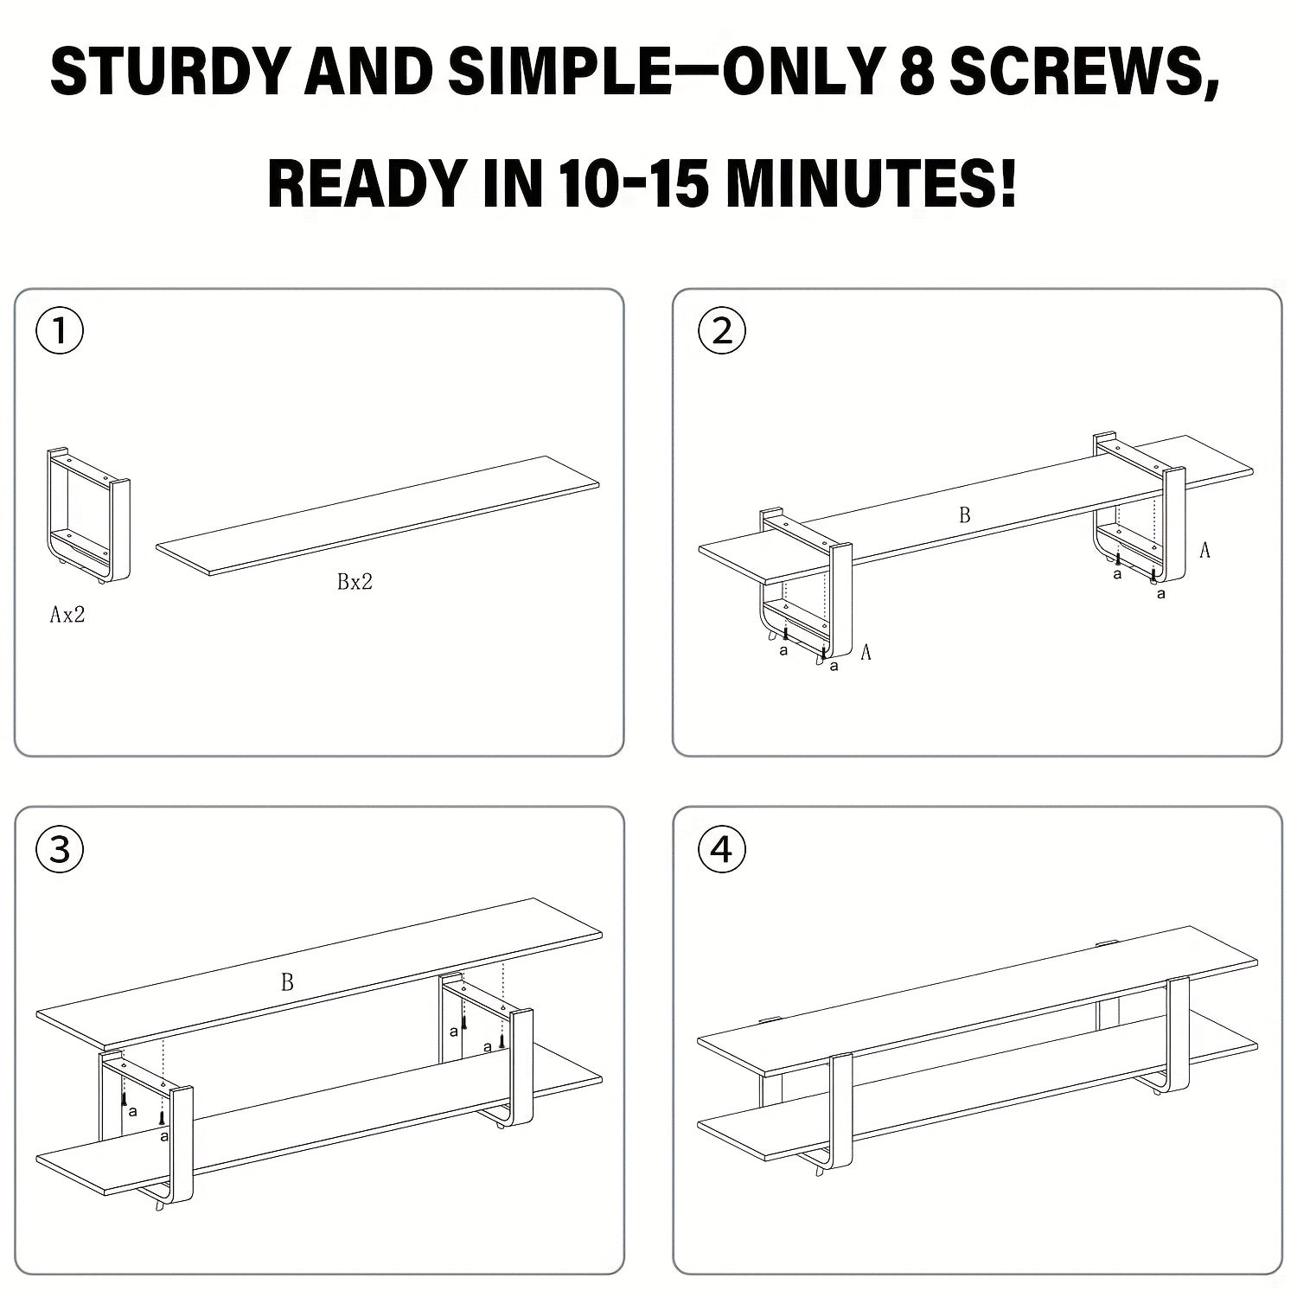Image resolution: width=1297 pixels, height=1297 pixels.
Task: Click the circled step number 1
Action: point(60,332)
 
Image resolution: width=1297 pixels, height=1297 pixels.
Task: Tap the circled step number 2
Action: point(721,332)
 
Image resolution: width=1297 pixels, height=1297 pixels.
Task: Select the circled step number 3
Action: point(60,850)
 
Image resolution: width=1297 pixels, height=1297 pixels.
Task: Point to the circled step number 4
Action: point(721,850)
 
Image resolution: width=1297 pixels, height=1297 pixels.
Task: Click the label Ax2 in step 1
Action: point(67,616)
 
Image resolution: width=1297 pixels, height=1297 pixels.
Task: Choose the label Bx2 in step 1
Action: point(355,582)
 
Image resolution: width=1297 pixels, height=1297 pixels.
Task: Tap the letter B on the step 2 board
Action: point(964,515)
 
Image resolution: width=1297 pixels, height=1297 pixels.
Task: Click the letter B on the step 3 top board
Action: point(287,982)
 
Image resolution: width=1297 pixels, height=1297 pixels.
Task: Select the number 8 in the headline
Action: point(916,71)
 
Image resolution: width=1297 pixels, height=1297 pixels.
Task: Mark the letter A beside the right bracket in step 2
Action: point(1204,550)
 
